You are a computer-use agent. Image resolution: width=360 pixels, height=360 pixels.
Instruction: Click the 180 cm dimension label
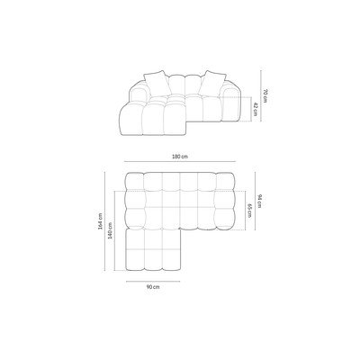[180, 157]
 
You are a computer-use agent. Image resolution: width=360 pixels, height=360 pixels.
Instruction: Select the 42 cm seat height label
[255, 110]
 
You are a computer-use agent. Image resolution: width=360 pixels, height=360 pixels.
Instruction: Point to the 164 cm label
[100, 221]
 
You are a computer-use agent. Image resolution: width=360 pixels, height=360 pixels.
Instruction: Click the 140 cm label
[110, 230]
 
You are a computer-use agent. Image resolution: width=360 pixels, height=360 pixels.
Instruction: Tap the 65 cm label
[249, 211]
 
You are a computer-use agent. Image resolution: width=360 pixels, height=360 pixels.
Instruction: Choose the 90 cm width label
[153, 287]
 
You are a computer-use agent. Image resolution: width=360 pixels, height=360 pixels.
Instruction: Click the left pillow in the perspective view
[156, 84]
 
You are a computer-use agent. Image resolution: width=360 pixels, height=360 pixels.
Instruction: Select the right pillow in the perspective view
[212, 83]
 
